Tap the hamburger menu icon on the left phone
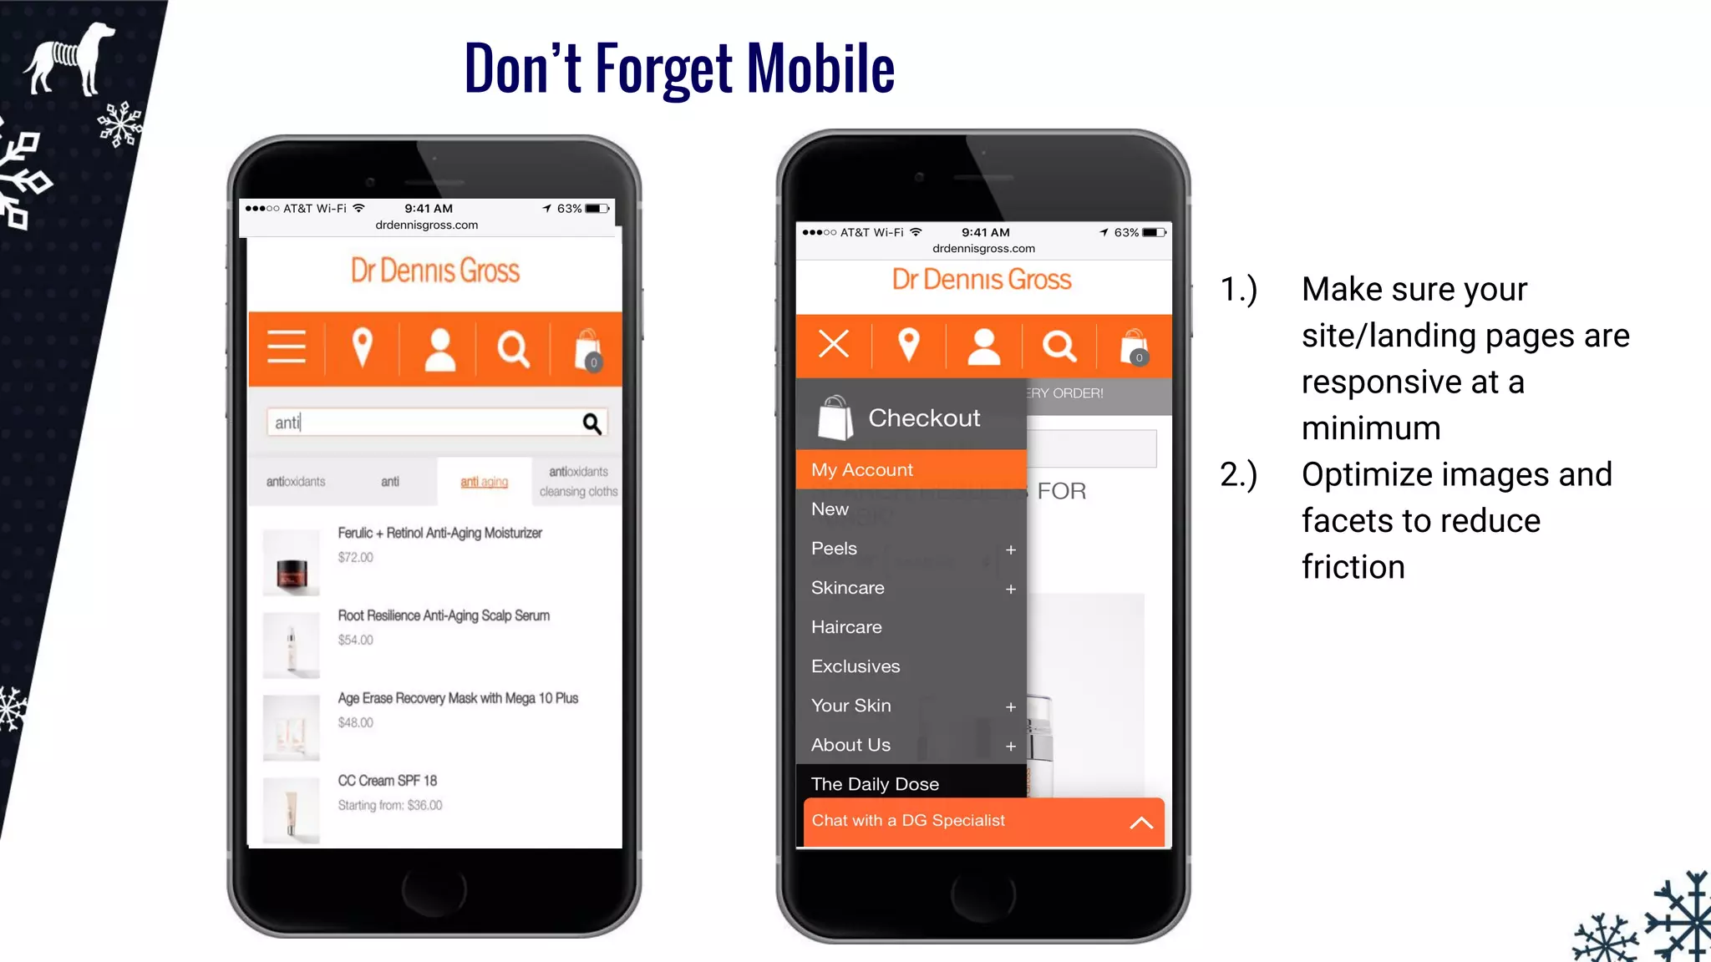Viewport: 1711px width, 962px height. pyautogui.click(x=287, y=347)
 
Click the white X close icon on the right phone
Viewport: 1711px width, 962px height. pyautogui.click(x=834, y=344)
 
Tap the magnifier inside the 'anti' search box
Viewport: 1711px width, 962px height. pyautogui.click(x=591, y=423)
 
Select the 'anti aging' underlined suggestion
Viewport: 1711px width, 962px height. pyautogui.click(x=484, y=482)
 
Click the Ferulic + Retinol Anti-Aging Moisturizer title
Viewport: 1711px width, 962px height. pyautogui.click(x=439, y=533)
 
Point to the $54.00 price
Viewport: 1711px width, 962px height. pyautogui.click(x=356, y=640)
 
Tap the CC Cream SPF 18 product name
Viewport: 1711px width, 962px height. pyautogui.click(x=387, y=781)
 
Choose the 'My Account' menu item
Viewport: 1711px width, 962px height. pyautogui.click(x=862, y=470)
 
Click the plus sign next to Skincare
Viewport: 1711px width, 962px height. pyautogui.click(x=1011, y=590)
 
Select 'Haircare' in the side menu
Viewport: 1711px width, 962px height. pyautogui.click(x=846, y=627)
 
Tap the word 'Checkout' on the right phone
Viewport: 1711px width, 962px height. pyautogui.click(x=924, y=418)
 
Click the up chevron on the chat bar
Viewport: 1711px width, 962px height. pyautogui.click(x=1141, y=823)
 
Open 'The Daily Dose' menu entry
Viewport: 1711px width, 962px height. pyautogui.click(x=875, y=784)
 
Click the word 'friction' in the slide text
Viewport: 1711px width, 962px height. pyautogui.click(x=1353, y=567)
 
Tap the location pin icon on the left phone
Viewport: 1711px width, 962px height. pyautogui.click(x=362, y=347)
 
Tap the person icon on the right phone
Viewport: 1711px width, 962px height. pyautogui.click(x=983, y=347)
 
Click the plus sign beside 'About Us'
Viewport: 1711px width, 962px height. pyautogui.click(x=1011, y=747)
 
